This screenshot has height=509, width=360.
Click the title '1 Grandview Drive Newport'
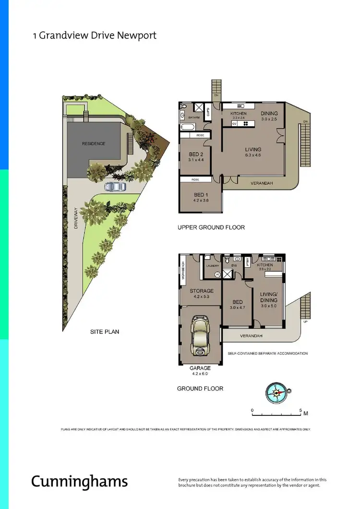[x=94, y=36]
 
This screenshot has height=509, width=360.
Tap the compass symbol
[x=276, y=392]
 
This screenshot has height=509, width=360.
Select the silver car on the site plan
[x=116, y=186]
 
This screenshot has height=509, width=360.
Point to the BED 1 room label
[x=200, y=194]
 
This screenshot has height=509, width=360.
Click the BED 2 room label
[x=197, y=154]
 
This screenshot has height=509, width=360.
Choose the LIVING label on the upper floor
[x=253, y=150]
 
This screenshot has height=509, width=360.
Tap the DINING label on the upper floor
[x=269, y=113]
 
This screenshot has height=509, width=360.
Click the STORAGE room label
[x=201, y=291]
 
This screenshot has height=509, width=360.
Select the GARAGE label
[x=200, y=368]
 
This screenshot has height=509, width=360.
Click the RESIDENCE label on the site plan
[x=93, y=143]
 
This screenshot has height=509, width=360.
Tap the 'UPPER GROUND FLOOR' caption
[x=211, y=227]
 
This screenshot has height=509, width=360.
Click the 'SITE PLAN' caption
[x=104, y=331]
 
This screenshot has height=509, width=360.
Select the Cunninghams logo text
[x=80, y=481]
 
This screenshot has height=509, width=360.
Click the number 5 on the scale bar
[x=300, y=411]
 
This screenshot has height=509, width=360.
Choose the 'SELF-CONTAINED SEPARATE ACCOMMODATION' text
[x=267, y=353]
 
